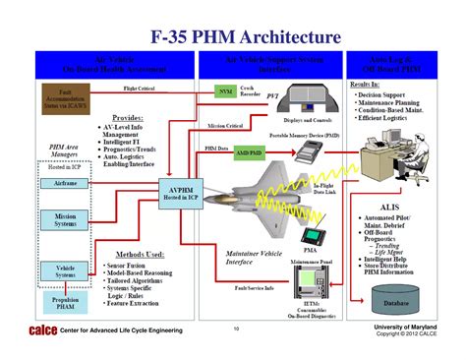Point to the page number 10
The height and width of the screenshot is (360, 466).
[x=236, y=329]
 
